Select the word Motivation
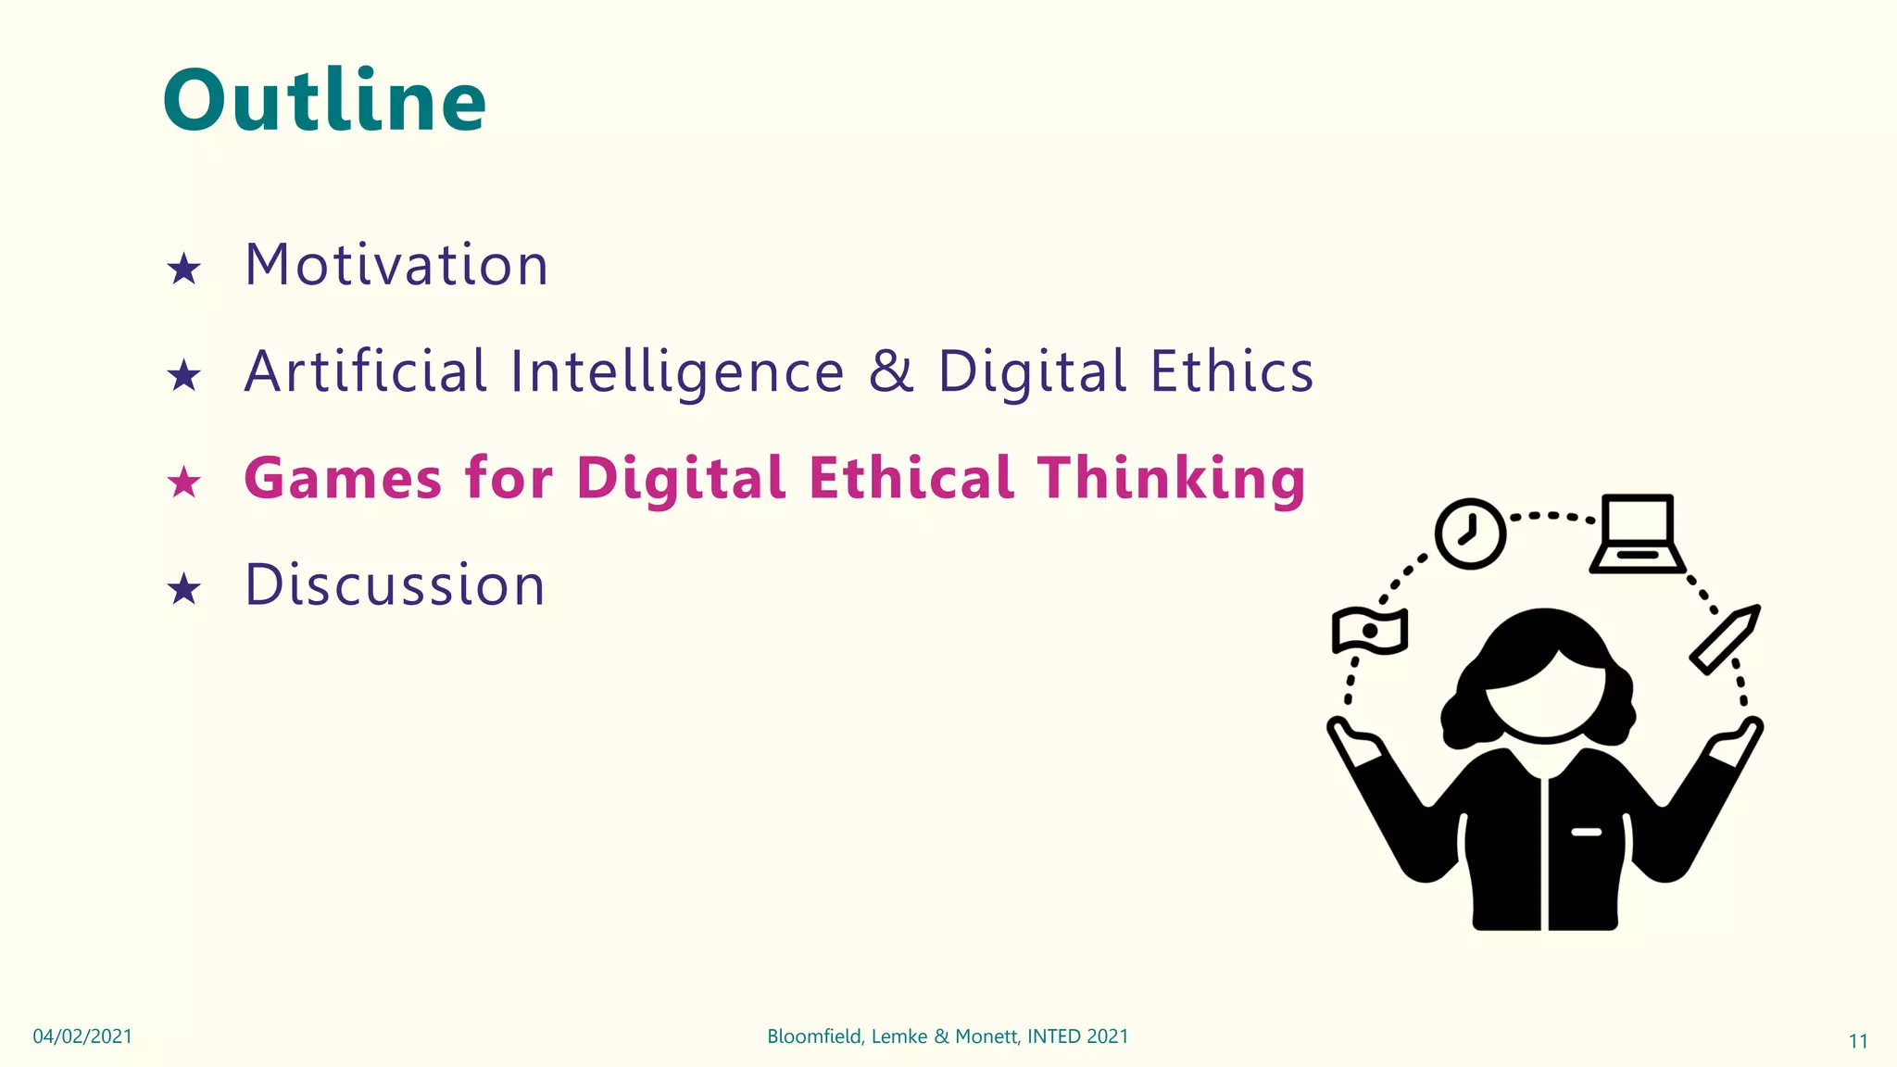coord(396,265)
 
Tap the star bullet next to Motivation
coord(184,270)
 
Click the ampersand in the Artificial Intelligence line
coord(890,371)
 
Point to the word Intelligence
coord(677,372)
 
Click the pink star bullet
coord(184,483)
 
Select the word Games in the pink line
coord(343,479)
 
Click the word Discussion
coord(396,585)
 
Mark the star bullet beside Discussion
coord(184,589)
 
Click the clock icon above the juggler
coord(1470,533)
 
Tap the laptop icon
coord(1638,534)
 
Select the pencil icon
coord(1725,639)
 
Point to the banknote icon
coord(1370,631)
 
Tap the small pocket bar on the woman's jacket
coord(1586,832)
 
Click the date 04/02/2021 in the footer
coord(82,1036)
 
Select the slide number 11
coord(1858,1041)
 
